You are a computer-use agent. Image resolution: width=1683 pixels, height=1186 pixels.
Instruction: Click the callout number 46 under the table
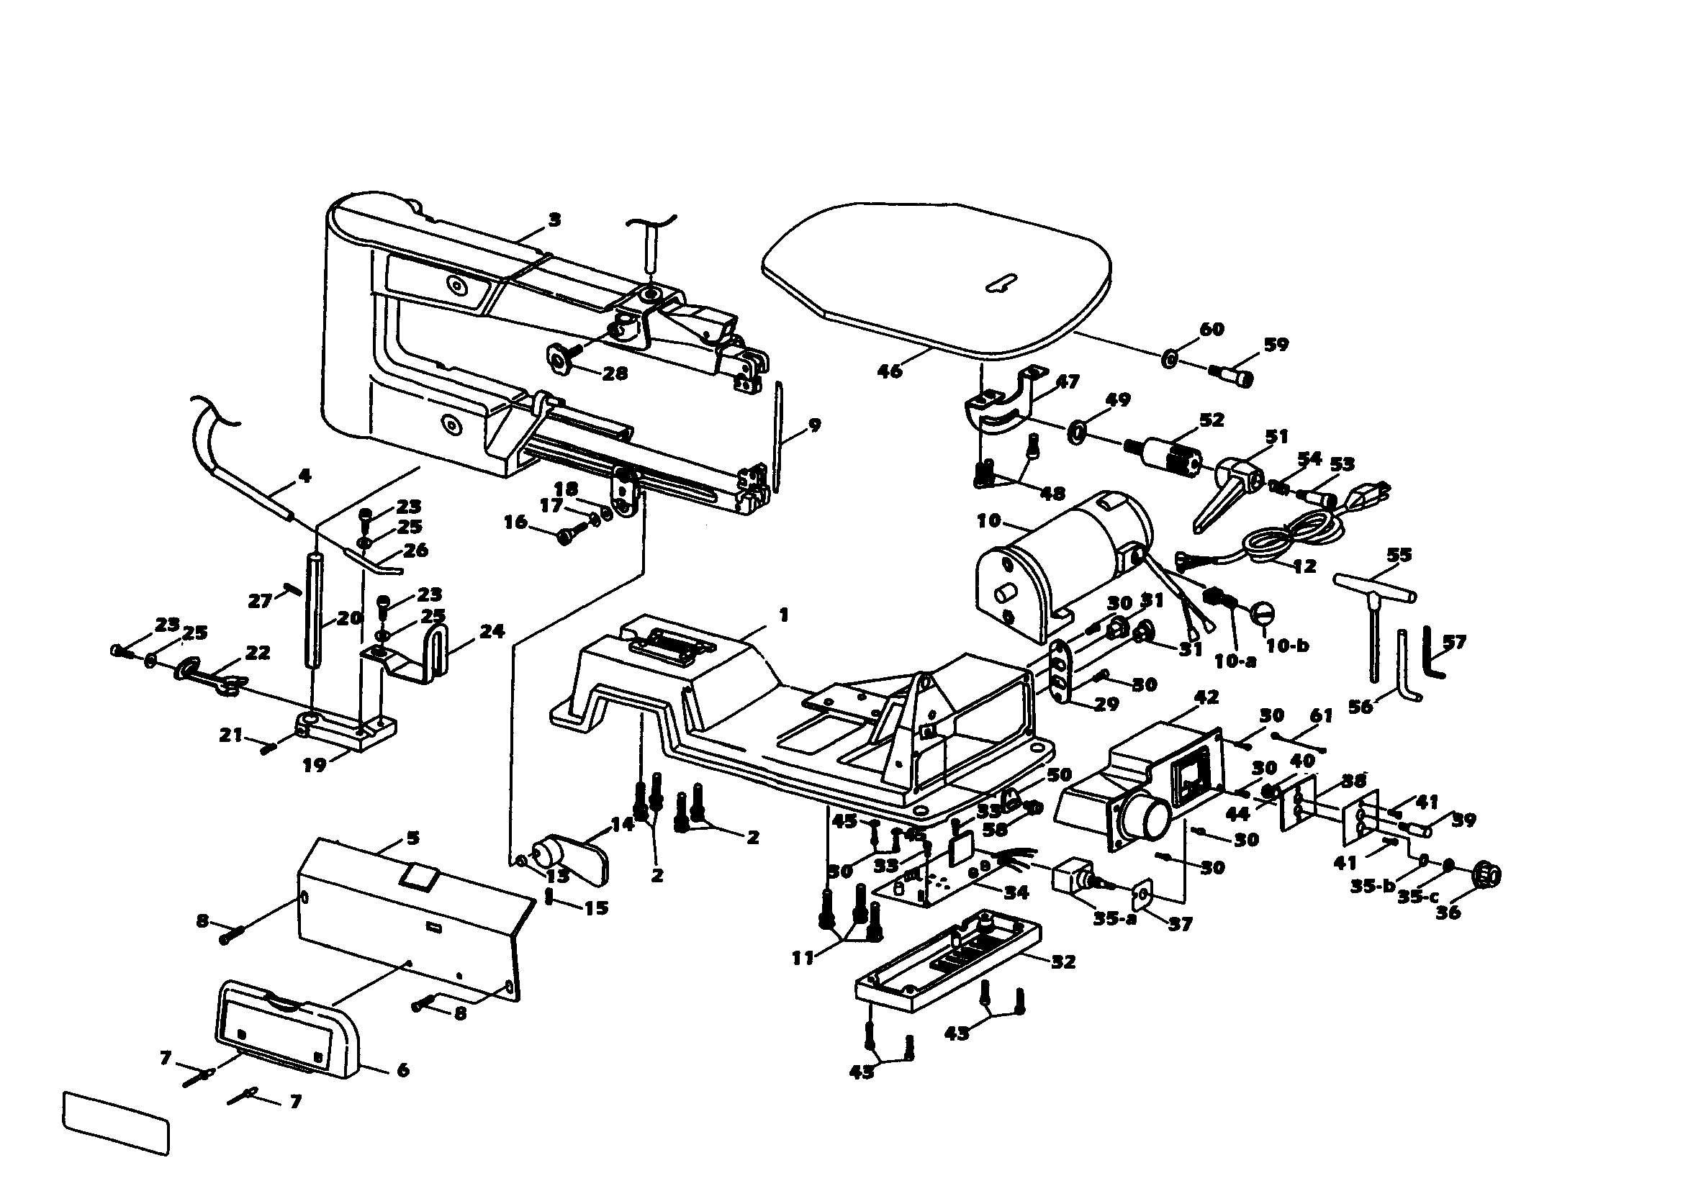[x=890, y=371]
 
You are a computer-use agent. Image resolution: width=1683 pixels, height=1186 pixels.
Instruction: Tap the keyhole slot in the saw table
[x=1002, y=284]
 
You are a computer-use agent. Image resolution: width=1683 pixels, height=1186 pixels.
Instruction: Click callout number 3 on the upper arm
[x=555, y=219]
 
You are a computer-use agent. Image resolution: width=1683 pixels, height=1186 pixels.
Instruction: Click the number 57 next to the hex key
[x=1454, y=642]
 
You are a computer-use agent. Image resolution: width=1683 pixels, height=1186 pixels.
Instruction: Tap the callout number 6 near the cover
[x=402, y=1069]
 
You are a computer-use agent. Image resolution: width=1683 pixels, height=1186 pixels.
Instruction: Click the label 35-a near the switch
[x=1114, y=918]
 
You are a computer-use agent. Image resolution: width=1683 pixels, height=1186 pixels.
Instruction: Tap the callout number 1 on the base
[x=784, y=615]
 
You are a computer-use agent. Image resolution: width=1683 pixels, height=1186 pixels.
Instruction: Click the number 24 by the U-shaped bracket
[x=492, y=631]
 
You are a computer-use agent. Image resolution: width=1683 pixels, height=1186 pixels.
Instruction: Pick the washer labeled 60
[x=1169, y=359]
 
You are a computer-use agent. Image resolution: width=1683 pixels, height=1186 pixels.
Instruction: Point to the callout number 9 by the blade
[x=814, y=425]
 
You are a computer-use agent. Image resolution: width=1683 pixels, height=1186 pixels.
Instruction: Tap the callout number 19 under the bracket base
[x=315, y=765]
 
